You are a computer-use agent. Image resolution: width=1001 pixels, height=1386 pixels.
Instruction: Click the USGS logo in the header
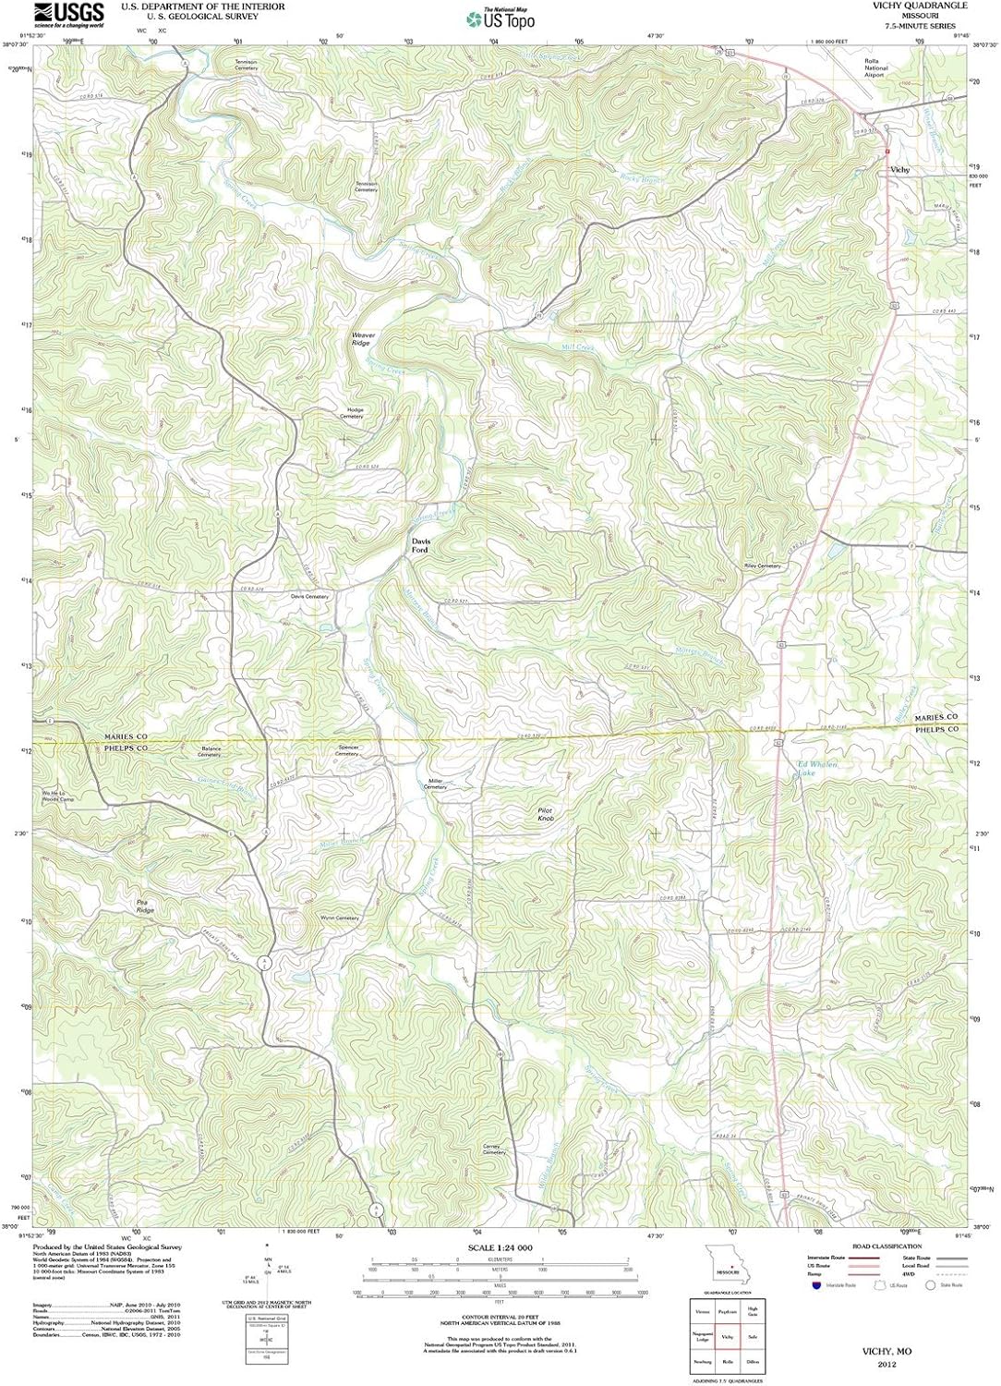click(68, 14)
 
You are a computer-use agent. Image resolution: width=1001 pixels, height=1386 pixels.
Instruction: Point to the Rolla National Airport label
click(874, 67)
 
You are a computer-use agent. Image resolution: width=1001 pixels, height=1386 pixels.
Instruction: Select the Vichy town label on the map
click(899, 170)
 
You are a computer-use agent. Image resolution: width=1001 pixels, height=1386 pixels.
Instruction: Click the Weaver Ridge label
click(360, 339)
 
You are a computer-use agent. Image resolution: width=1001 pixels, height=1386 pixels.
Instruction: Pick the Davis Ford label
click(420, 546)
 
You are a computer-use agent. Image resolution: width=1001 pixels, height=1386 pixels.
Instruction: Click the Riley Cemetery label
click(763, 565)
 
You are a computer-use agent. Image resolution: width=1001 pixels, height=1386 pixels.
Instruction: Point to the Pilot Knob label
click(546, 814)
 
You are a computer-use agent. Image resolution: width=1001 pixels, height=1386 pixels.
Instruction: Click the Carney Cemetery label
click(494, 1149)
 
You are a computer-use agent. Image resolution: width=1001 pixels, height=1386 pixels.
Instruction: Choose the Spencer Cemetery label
click(348, 750)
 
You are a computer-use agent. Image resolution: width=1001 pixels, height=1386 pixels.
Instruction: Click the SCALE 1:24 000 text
click(500, 1248)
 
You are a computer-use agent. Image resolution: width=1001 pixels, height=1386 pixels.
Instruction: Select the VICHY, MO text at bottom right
click(886, 1351)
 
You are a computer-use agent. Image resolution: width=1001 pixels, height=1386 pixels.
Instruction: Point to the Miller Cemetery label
click(435, 784)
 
